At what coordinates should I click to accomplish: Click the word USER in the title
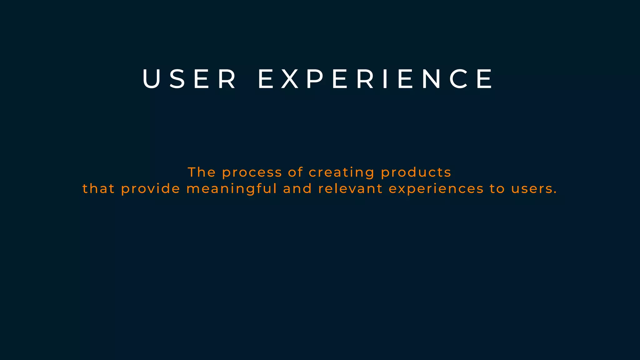click(189, 79)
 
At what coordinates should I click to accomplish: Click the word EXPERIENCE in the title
click(375, 79)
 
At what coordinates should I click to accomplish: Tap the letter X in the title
click(290, 79)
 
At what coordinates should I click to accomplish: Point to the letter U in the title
click(151, 79)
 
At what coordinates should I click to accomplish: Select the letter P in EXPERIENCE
click(315, 79)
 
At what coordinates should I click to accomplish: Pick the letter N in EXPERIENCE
click(431, 79)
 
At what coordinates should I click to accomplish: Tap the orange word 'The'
click(202, 172)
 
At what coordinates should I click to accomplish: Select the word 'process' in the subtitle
click(252, 173)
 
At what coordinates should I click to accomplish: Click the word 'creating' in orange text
click(342, 173)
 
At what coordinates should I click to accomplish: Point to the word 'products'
click(416, 173)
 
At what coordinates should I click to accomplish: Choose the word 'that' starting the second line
click(98, 189)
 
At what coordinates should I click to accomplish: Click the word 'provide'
click(151, 189)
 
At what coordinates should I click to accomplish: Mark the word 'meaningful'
click(232, 189)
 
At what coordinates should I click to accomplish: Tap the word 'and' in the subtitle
click(297, 189)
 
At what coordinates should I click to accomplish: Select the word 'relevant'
click(350, 189)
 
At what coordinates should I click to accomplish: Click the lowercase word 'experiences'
click(436, 189)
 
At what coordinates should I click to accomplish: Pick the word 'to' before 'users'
click(497, 189)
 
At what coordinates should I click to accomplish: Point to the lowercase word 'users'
click(531, 189)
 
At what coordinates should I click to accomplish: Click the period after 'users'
click(555, 193)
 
